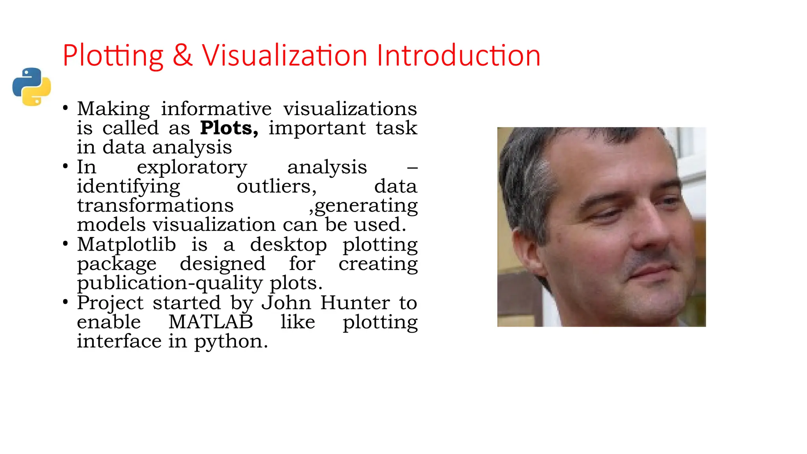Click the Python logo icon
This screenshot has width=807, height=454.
tap(32, 87)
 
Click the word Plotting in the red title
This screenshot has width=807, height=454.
tap(113, 56)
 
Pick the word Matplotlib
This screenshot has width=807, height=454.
tap(126, 244)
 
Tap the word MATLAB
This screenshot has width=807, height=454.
tap(210, 322)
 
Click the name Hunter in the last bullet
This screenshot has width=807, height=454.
tap(355, 303)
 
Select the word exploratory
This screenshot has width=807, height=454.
tap(192, 167)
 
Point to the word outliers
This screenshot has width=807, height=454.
tap(276, 186)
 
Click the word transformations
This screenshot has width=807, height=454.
tap(155, 205)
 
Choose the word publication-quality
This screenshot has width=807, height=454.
tap(169, 283)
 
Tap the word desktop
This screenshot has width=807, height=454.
tap(288, 244)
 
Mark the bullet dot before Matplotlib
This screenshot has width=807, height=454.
tap(65, 244)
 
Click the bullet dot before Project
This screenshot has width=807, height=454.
tap(65, 302)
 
